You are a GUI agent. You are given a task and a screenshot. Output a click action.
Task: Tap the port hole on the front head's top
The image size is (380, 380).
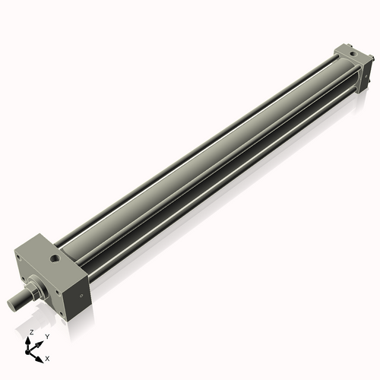pos(55,260)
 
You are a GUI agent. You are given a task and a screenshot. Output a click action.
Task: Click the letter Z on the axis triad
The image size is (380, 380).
pos(31,332)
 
